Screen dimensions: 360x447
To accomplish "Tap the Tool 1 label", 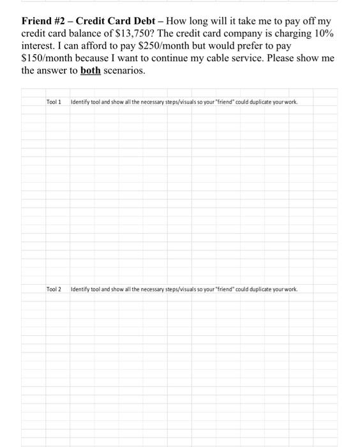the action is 54,102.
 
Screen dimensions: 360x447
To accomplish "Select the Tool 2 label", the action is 54,289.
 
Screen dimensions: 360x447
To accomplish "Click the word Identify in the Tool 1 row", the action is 80,102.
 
